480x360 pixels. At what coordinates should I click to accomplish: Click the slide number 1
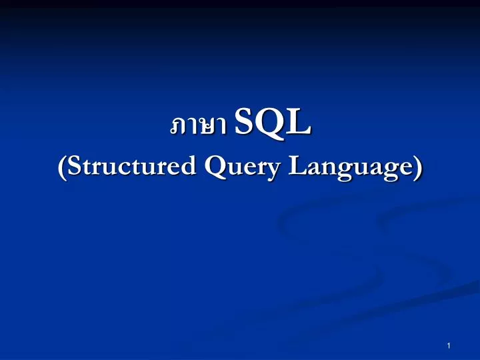450,345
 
